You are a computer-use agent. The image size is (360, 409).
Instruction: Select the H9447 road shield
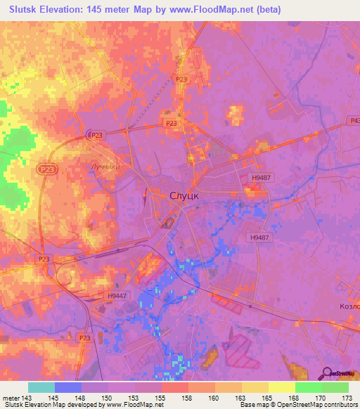[117, 297]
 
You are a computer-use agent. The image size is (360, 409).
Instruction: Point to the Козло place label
[349, 306]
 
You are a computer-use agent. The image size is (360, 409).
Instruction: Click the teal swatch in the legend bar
[41, 388]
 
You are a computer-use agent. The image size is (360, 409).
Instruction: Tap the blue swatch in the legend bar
[68, 388]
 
